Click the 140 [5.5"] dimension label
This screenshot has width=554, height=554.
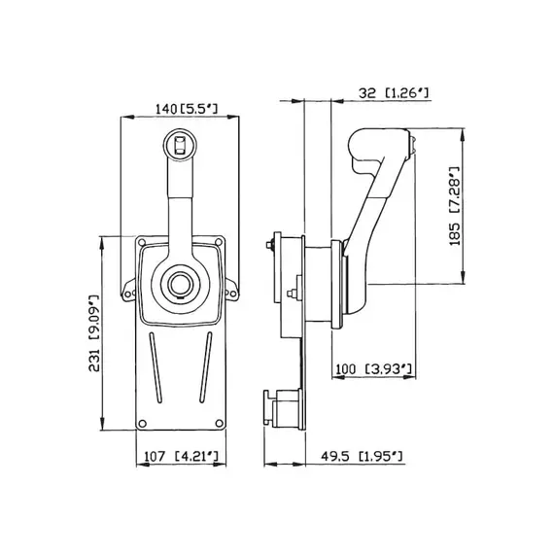point(187,109)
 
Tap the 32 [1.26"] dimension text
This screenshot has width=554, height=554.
point(394,93)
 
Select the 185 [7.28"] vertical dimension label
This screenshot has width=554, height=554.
point(455,206)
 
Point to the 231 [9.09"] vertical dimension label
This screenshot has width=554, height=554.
point(94,332)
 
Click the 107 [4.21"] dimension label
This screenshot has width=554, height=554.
point(181,456)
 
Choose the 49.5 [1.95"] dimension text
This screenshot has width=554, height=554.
point(362,456)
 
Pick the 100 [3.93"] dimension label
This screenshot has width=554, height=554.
point(373,369)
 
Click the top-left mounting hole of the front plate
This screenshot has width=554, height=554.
point(142,242)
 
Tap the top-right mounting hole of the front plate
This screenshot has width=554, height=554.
point(219,242)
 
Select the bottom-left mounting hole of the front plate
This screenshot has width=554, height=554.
point(142,423)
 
